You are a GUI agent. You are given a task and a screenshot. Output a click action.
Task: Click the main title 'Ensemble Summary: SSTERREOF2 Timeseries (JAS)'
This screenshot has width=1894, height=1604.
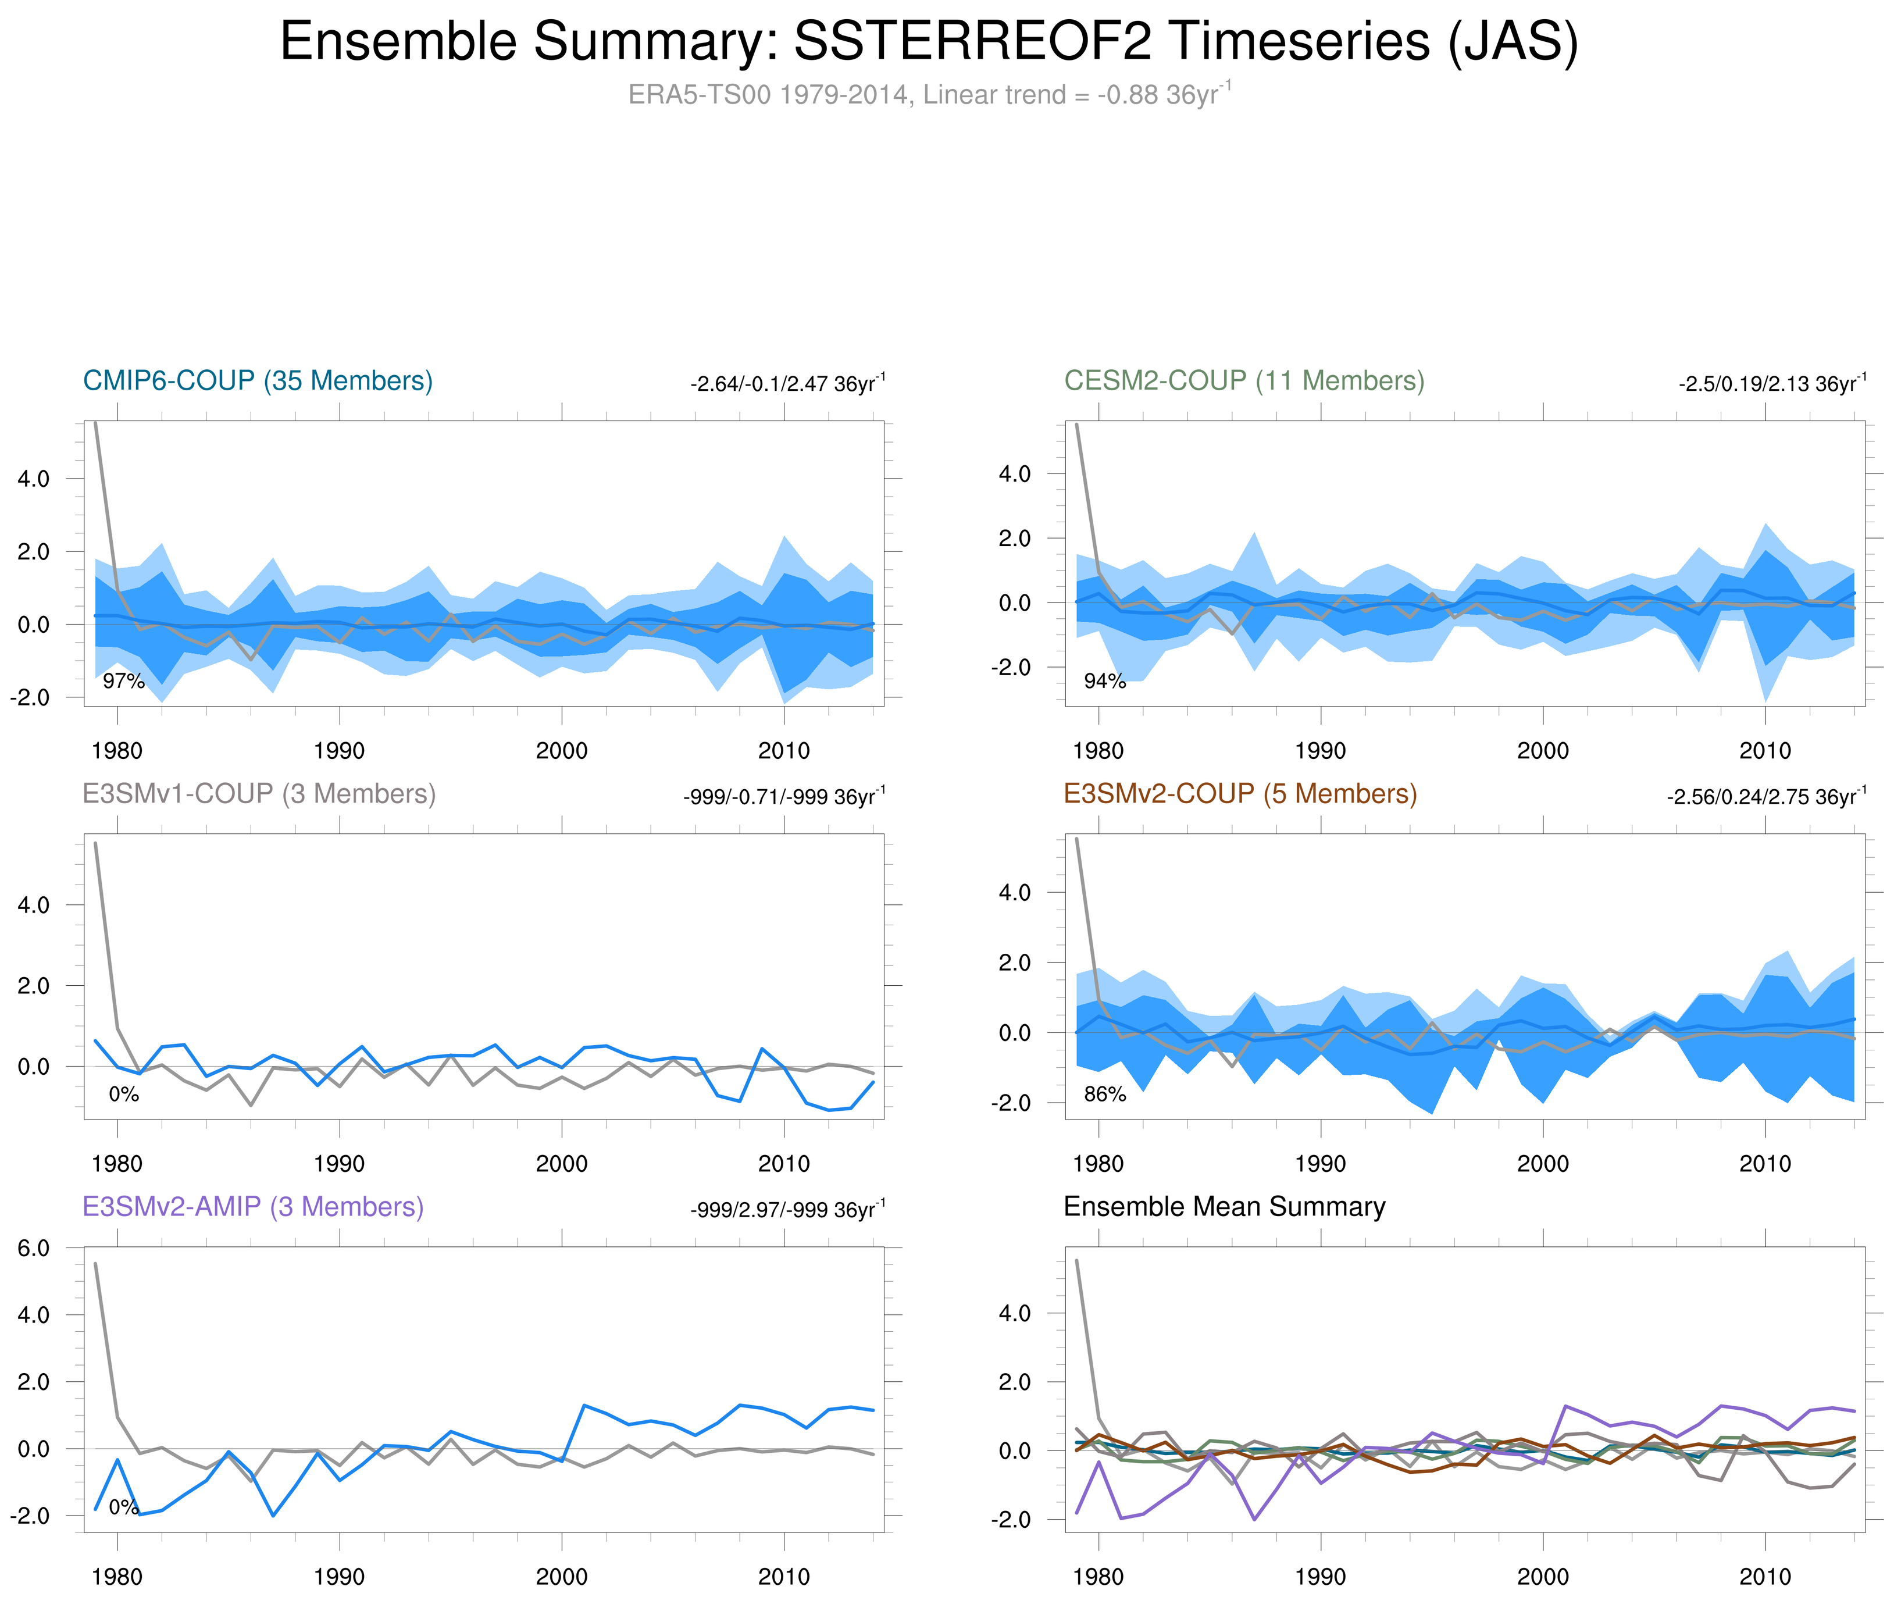click(x=928, y=42)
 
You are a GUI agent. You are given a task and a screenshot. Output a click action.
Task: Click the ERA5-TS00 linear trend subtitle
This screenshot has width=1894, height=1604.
click(x=928, y=95)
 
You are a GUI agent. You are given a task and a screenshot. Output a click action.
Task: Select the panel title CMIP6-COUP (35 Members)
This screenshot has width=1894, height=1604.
click(x=258, y=380)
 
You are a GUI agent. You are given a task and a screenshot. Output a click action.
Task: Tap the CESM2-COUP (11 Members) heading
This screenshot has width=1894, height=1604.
click(x=1244, y=380)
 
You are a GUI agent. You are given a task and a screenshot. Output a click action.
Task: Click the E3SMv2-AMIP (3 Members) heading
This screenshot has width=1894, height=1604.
click(x=253, y=1207)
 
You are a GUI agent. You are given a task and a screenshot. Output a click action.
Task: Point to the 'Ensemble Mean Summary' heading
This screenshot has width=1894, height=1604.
click(x=1224, y=1207)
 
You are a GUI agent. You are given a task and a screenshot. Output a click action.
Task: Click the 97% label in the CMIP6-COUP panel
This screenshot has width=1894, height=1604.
click(x=124, y=681)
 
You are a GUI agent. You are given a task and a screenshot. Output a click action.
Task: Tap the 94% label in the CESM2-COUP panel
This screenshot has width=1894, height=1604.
click(x=1105, y=681)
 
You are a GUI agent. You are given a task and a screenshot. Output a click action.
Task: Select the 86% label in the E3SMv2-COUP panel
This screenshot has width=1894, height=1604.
click(x=1105, y=1094)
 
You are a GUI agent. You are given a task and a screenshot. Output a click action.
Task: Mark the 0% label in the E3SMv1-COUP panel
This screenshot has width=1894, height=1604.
click(x=124, y=1094)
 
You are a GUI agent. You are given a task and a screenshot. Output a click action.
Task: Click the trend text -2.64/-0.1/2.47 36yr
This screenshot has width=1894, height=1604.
click(x=787, y=383)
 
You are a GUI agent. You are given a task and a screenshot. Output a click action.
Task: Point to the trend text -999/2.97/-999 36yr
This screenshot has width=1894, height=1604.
click(x=787, y=1209)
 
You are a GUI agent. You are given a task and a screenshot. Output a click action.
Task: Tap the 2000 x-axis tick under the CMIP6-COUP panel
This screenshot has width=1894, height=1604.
click(x=561, y=751)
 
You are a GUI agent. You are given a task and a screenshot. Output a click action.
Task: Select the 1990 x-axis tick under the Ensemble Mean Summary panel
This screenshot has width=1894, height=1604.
click(x=1320, y=1577)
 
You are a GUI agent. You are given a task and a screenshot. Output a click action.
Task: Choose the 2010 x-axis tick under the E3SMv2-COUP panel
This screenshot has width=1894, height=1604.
click(x=1765, y=1164)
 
